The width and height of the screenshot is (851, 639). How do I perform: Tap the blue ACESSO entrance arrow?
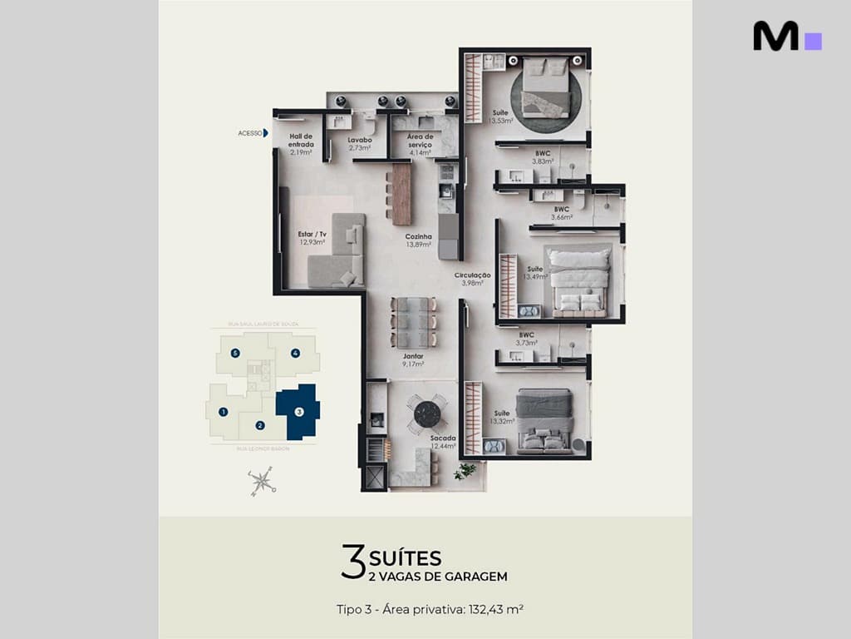click(266, 133)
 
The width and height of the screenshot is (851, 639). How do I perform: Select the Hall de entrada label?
click(301, 144)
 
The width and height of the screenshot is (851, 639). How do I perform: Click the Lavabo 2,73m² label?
click(360, 144)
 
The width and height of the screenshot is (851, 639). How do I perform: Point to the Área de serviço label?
click(420, 144)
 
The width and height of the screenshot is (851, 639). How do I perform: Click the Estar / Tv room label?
click(312, 238)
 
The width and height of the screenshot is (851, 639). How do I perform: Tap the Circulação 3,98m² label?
click(472, 279)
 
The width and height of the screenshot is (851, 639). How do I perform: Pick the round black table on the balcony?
click(427, 414)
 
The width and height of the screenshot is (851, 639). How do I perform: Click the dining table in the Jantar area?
click(414, 322)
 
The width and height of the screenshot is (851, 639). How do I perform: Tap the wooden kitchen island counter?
click(401, 194)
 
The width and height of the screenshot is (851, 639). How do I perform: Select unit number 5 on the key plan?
click(235, 353)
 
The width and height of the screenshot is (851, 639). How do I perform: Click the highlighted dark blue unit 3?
click(298, 411)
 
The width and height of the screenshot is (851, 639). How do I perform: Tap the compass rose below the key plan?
click(262, 480)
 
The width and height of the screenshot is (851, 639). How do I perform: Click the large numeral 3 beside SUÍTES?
click(353, 562)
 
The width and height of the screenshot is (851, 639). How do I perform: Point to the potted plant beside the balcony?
click(465, 471)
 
